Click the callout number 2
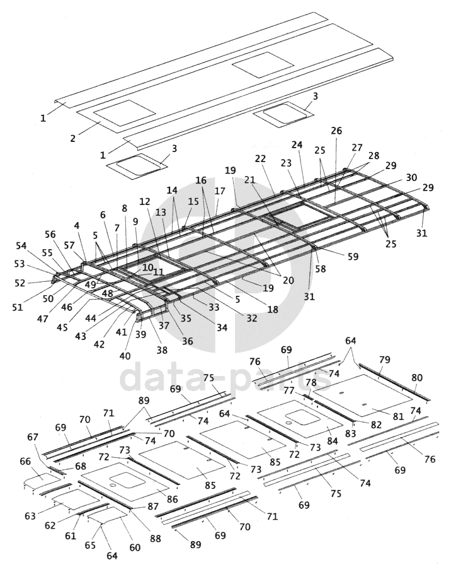click(73, 138)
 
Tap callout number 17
click(220, 190)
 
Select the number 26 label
click(336, 131)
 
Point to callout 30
click(411, 177)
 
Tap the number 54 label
click(21, 245)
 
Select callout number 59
click(352, 257)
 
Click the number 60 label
click(135, 547)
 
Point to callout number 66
click(25, 461)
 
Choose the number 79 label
click(385, 360)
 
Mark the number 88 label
click(156, 538)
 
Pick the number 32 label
click(252, 318)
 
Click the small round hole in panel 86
click(111, 486)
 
